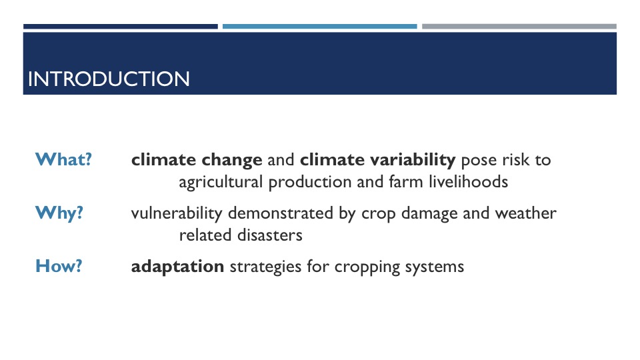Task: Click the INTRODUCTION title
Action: pyautogui.click(x=109, y=79)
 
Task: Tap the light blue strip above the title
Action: pyautogui.click(x=319, y=27)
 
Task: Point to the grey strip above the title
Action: pyautogui.click(x=519, y=27)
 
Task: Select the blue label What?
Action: pyautogui.click(x=63, y=159)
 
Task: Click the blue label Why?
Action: pyautogui.click(x=59, y=213)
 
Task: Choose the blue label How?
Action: pyautogui.click(x=59, y=266)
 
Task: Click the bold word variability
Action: pyautogui.click(x=413, y=160)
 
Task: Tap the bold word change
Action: pyautogui.click(x=232, y=160)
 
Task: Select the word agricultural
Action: pyautogui.click(x=221, y=183)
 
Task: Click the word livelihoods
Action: pyautogui.click(x=468, y=181)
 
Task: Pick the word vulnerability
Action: pyautogui.click(x=176, y=214)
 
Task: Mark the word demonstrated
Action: pyautogui.click(x=281, y=213)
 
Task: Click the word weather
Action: pyautogui.click(x=526, y=213)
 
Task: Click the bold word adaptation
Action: pyautogui.click(x=177, y=267)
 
